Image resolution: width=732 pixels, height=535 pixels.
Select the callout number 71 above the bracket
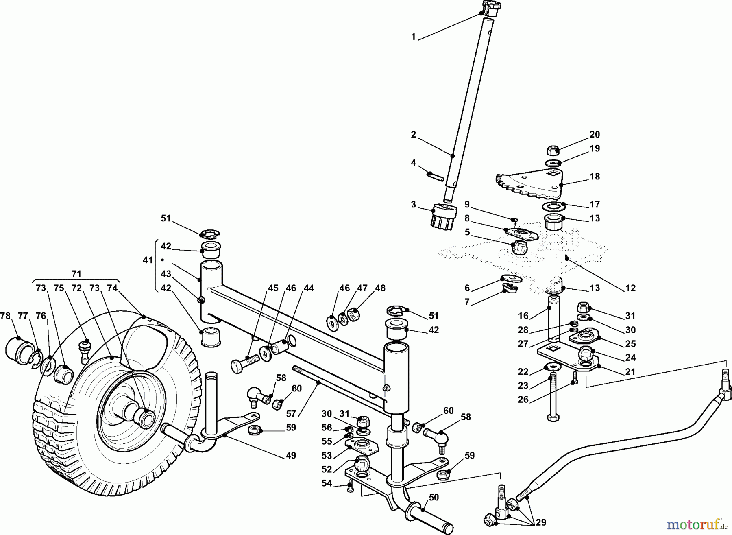[76, 273]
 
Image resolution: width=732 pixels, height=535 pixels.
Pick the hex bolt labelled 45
[244, 362]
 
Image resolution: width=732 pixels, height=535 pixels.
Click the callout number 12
[630, 288]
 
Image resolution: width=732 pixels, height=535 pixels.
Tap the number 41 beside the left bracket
[148, 260]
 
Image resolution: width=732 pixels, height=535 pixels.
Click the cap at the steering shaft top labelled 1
[490, 9]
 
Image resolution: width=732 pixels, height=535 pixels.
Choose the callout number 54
[327, 483]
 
